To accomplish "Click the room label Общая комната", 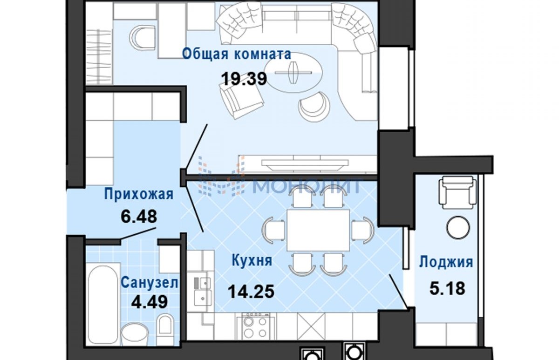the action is click(x=236, y=54).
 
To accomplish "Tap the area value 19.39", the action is click(x=244, y=79).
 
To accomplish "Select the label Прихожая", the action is click(x=139, y=194).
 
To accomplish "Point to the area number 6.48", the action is click(x=139, y=216).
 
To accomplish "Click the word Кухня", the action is click(x=252, y=260).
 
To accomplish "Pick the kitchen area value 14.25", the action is click(x=251, y=292).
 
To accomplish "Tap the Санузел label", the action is click(x=150, y=283).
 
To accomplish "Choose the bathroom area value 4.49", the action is click(x=149, y=302).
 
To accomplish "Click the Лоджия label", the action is click(x=446, y=262).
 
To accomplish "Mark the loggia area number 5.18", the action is click(x=447, y=288).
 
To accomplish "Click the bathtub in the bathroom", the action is click(x=103, y=306).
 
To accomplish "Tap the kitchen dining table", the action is click(x=318, y=230).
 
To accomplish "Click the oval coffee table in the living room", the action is click(x=293, y=72).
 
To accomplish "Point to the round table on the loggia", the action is click(x=457, y=228).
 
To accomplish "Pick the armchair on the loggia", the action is click(x=457, y=192).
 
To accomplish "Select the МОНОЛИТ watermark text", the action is click(x=307, y=186).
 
